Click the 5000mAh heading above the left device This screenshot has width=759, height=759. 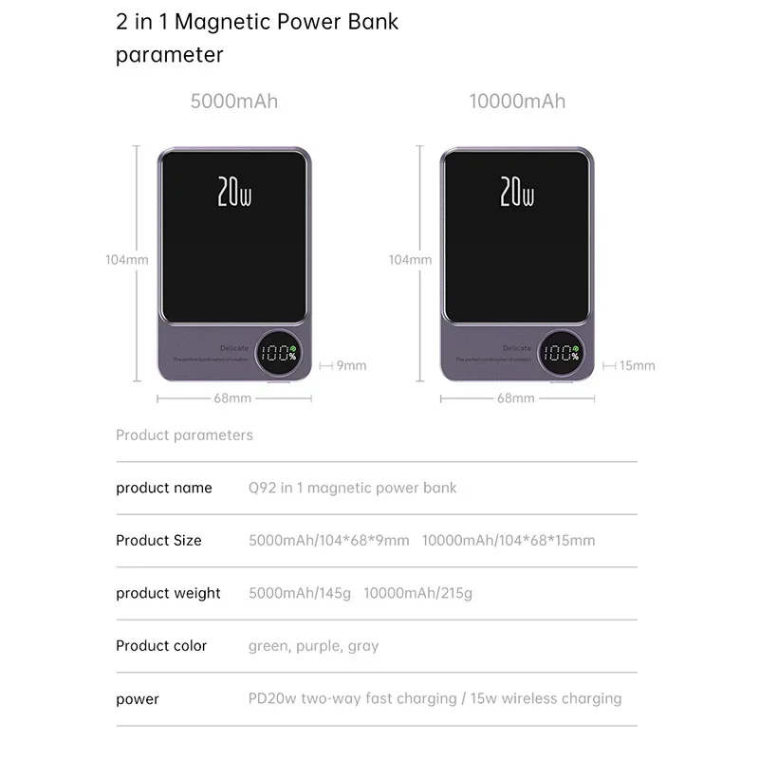[234, 102]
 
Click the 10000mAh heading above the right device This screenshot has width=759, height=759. [517, 102]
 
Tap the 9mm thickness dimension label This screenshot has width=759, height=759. [351, 365]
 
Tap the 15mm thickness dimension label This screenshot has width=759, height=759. [637, 365]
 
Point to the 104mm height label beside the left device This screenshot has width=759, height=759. [126, 259]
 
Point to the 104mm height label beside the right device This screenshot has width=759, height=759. [411, 259]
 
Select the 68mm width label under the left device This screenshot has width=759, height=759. [232, 398]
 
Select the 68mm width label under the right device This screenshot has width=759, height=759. [516, 398]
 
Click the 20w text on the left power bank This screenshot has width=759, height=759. [234, 192]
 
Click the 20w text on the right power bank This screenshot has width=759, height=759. [517, 192]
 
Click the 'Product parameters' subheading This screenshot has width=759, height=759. [184, 435]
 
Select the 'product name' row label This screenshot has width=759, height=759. [164, 488]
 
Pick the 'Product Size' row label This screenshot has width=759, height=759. [158, 541]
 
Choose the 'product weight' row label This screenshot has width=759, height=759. [168, 594]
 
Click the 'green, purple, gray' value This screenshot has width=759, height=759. [313, 646]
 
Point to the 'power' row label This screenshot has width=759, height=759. [138, 699]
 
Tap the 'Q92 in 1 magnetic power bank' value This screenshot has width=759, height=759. [352, 488]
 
